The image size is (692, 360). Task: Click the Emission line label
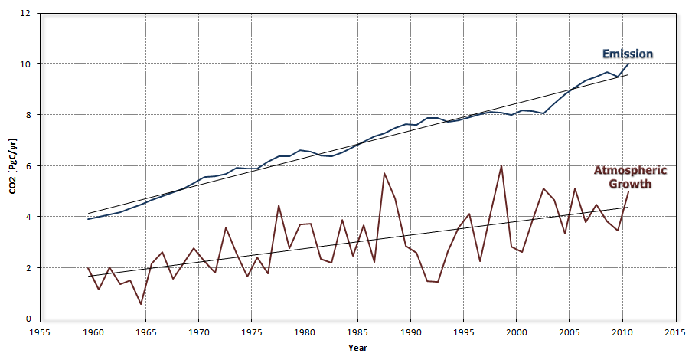point(627,54)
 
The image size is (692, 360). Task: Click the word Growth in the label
point(629,184)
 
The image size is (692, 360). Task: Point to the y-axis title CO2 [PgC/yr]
point(13,165)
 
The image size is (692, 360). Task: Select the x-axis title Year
point(357,349)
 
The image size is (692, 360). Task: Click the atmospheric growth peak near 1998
point(501,165)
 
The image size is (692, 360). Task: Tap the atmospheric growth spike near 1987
point(384,173)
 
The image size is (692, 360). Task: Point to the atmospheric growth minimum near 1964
point(141,304)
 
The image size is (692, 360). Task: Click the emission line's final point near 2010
point(628,64)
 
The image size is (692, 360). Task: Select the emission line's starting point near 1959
point(88,219)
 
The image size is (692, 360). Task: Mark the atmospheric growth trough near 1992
point(437,282)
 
